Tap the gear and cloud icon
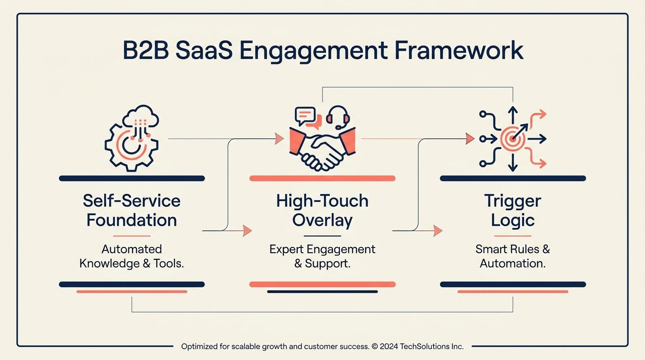132,139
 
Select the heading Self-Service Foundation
132,210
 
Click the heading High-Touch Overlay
322,210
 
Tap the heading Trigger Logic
512,210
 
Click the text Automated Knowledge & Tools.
132,256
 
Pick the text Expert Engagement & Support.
322,256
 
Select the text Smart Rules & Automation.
512,256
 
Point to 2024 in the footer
390,347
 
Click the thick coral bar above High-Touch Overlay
322,178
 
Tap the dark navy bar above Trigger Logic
512,178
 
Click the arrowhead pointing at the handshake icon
279,138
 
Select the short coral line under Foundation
132,236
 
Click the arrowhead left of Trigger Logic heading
438,231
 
